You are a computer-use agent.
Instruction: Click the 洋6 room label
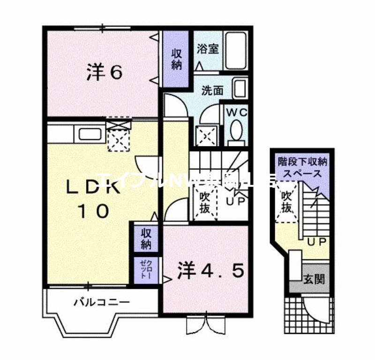105,73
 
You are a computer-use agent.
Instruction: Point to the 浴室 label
208,49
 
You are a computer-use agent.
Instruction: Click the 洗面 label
212,90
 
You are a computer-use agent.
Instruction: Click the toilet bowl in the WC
236,131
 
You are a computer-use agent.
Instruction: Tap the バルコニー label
101,302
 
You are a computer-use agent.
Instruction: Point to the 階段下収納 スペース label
303,168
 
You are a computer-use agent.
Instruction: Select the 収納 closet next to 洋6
176,59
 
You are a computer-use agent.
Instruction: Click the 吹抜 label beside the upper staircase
204,201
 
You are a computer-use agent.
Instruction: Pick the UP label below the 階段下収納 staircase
317,242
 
